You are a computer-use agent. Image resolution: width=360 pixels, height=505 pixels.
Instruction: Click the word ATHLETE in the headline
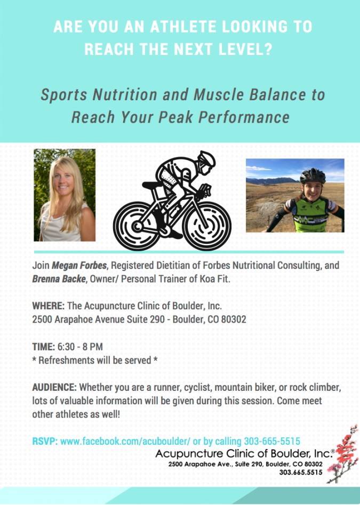[x=183, y=27]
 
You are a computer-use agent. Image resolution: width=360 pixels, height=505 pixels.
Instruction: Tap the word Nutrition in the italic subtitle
[x=125, y=95]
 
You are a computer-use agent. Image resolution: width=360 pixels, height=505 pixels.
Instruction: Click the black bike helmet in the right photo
[x=313, y=176]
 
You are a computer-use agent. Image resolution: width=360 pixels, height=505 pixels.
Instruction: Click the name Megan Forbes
[x=79, y=266]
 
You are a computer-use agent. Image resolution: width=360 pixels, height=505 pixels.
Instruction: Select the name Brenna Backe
[x=59, y=279]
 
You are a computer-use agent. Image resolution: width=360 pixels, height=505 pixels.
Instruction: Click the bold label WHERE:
[x=49, y=306]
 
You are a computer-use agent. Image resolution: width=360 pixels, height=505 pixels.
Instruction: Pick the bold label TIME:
[x=44, y=347]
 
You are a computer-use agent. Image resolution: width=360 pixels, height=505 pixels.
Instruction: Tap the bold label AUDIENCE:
[x=54, y=387]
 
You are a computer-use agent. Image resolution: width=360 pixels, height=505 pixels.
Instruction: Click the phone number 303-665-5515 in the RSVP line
[x=272, y=441]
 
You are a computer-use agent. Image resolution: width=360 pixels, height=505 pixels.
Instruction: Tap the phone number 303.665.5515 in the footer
[x=301, y=472]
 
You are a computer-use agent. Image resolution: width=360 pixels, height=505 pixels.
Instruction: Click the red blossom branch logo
[x=343, y=454]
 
